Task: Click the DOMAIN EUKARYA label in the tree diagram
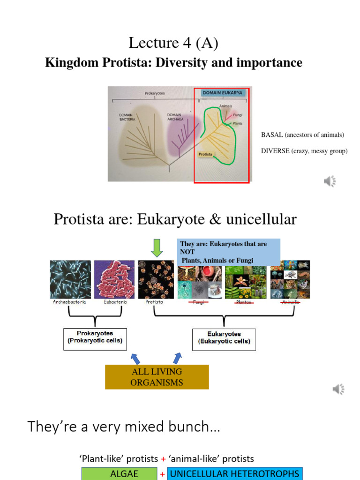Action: (222, 93)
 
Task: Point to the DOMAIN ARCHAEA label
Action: (175, 117)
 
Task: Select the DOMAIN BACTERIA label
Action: (127, 117)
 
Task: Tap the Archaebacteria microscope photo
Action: (70, 279)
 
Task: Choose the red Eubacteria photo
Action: (114, 279)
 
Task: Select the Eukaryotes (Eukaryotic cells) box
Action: (224, 338)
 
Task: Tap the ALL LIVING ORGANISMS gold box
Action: (157, 377)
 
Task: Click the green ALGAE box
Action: (120, 473)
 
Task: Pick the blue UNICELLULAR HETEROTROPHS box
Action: (234, 473)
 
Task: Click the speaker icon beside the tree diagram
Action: (330, 181)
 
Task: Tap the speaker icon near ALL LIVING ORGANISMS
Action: (338, 389)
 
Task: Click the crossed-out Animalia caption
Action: (291, 303)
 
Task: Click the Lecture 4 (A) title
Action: (173, 44)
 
